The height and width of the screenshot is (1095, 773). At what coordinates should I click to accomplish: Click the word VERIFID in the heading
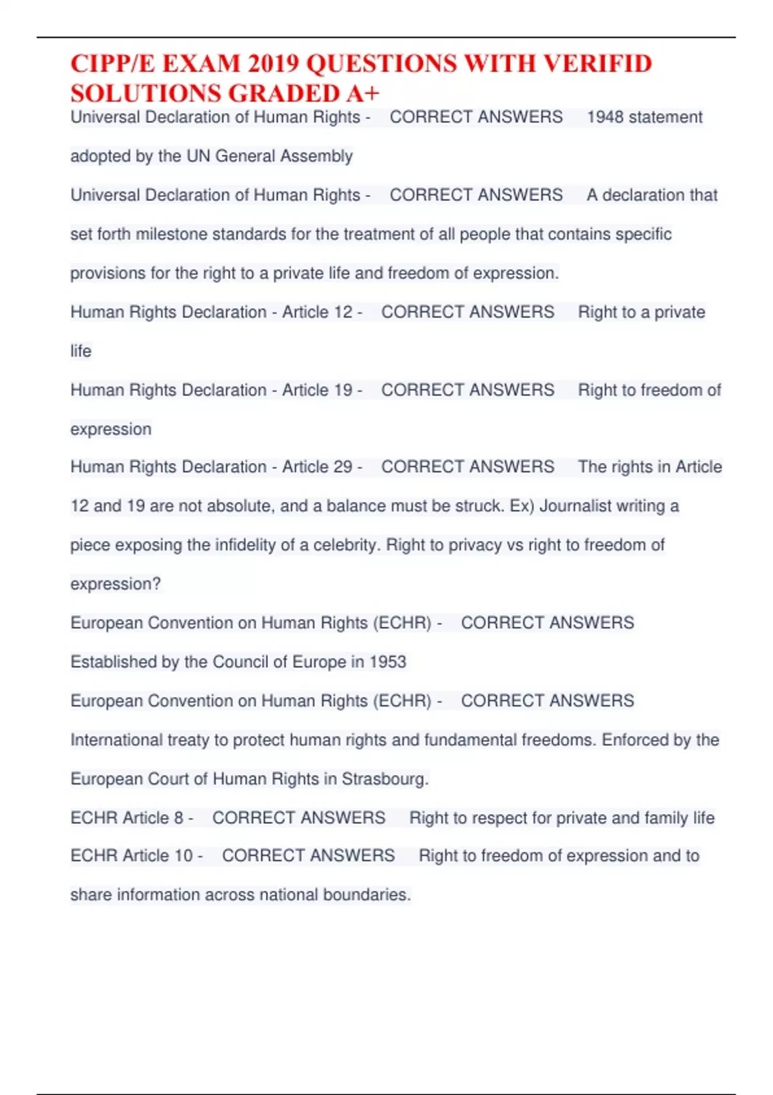pyautogui.click(x=597, y=64)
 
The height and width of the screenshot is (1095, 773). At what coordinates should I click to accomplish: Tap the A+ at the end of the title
pyautogui.click(x=363, y=94)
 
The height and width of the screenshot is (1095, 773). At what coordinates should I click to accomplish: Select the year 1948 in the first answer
pyautogui.click(x=605, y=117)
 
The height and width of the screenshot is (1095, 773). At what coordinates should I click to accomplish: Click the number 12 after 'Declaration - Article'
pyautogui.click(x=343, y=312)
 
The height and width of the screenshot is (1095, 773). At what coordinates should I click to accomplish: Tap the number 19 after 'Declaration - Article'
pyautogui.click(x=343, y=390)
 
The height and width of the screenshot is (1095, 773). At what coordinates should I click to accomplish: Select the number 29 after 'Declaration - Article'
pyautogui.click(x=343, y=467)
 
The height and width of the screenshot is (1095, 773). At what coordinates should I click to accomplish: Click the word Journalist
pyautogui.click(x=575, y=506)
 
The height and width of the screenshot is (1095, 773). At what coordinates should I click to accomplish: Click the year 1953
pyautogui.click(x=388, y=662)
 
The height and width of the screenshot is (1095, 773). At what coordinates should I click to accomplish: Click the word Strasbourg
pyautogui.click(x=385, y=779)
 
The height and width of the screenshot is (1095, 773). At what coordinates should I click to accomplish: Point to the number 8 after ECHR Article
pyautogui.click(x=178, y=818)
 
